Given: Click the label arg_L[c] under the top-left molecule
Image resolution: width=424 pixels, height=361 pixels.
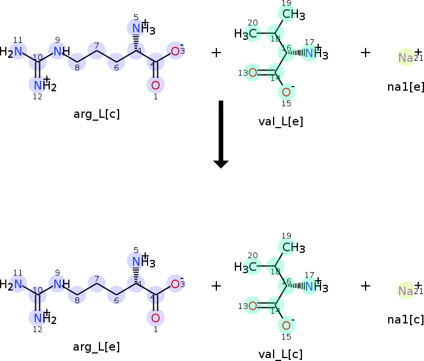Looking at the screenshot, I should pyautogui.click(x=97, y=114).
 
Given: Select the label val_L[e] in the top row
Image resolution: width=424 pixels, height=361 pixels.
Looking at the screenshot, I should pyautogui.click(x=281, y=121).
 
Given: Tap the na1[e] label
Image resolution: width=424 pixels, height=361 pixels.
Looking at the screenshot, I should pyautogui.click(x=406, y=87).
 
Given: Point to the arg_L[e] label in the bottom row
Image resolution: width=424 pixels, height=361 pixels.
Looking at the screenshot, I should pyautogui.click(x=97, y=347).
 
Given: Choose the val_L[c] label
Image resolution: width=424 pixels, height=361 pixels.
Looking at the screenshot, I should pyautogui.click(x=281, y=354).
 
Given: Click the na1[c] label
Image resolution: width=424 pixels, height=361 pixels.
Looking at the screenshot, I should pyautogui.click(x=406, y=319).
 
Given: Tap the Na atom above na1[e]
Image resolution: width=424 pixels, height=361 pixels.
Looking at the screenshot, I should pyautogui.click(x=405, y=58).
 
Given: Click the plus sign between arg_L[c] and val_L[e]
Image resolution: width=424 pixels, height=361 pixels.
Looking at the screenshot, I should pyautogui.click(x=216, y=53).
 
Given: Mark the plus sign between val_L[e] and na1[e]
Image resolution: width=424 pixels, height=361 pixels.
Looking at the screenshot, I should pyautogui.click(x=365, y=53).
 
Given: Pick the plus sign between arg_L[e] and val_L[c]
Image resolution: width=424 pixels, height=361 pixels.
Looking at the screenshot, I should pyautogui.click(x=216, y=285).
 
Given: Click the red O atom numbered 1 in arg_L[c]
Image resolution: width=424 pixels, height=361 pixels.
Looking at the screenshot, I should pyautogui.click(x=155, y=85).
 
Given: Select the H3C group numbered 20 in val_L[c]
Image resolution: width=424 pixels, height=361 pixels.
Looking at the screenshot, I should pyautogui.click(x=245, y=267).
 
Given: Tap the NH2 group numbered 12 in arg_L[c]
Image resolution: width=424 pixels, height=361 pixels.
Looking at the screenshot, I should pyautogui.click(x=42, y=86).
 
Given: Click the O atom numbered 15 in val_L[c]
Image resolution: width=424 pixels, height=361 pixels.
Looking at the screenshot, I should pyautogui.click(x=286, y=325).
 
